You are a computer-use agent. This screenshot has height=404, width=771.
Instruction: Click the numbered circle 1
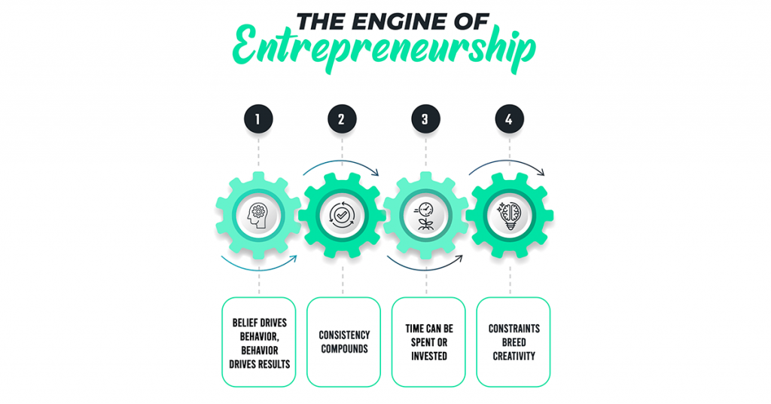(x=259, y=118)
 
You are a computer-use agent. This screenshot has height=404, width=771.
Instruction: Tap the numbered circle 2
(x=342, y=118)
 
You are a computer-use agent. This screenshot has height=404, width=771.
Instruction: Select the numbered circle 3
(x=425, y=118)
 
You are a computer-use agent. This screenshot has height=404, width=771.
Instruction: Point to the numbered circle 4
(x=509, y=118)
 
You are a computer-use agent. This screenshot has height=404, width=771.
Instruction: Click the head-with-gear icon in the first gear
(x=259, y=216)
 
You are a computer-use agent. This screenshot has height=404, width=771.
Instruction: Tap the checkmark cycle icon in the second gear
(x=342, y=216)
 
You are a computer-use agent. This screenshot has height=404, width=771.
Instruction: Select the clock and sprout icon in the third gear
(x=425, y=216)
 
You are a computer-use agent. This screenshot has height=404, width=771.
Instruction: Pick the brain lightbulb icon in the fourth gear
(x=510, y=216)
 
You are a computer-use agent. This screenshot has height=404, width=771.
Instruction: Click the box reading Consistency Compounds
(x=343, y=341)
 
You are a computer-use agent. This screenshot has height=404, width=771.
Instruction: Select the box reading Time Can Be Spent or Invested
(x=428, y=341)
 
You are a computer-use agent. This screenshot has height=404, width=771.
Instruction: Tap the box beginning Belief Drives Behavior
(x=259, y=341)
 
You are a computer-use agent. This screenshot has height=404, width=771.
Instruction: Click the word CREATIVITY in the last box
(x=513, y=354)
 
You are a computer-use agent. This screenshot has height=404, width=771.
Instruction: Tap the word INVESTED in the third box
(x=428, y=354)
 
